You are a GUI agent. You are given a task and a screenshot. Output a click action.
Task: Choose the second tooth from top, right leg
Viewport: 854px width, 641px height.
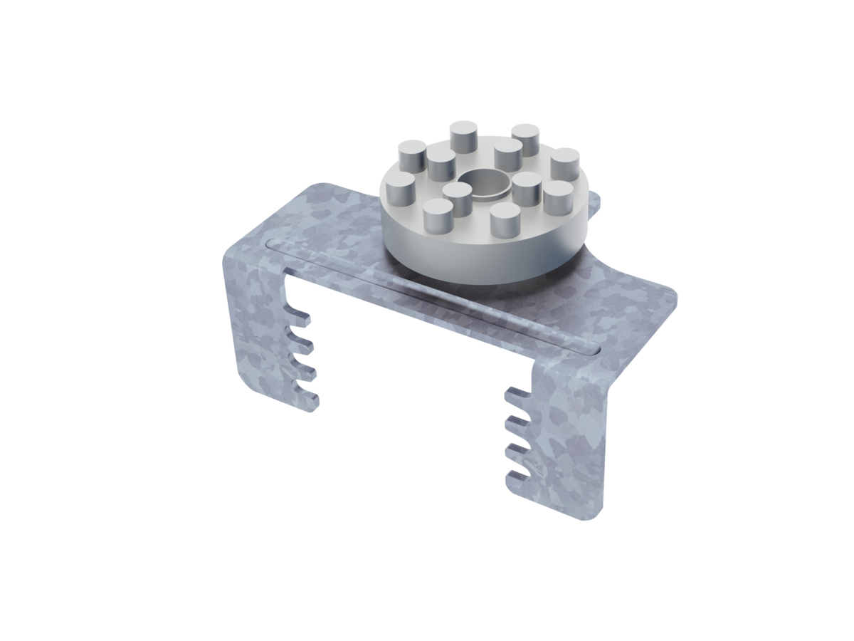pos(515,424)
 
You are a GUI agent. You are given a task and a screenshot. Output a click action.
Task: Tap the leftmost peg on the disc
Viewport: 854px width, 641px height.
pos(401,187)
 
